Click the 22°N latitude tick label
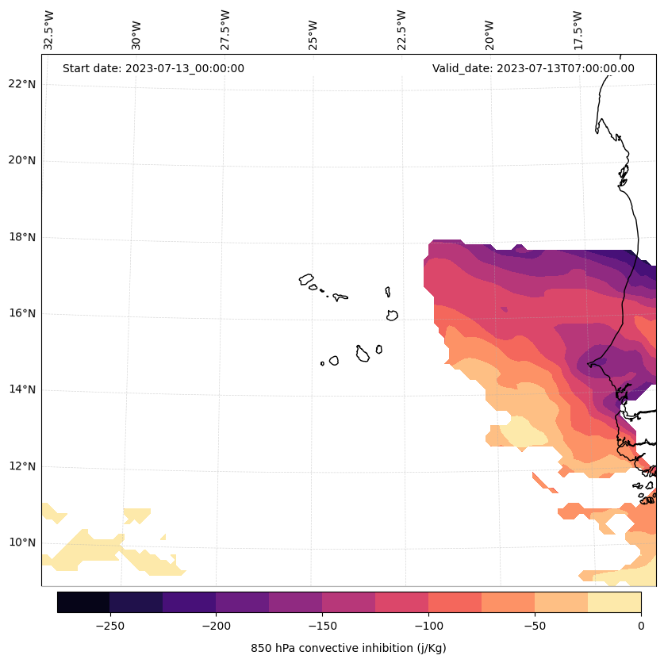(21, 84)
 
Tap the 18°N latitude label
(21, 237)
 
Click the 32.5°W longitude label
(49, 30)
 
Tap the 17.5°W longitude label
(578, 30)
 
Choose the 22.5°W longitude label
(401, 30)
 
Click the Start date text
(153, 68)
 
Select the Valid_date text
(533, 68)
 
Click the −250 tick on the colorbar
(109, 625)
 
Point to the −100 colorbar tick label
(428, 625)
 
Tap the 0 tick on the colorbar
(641, 625)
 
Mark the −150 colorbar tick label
(322, 625)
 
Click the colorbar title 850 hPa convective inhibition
(348, 648)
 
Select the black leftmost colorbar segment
(83, 602)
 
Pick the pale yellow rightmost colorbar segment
(614, 602)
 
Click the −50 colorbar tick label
(535, 625)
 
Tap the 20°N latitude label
(21, 160)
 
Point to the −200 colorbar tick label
(216, 625)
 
